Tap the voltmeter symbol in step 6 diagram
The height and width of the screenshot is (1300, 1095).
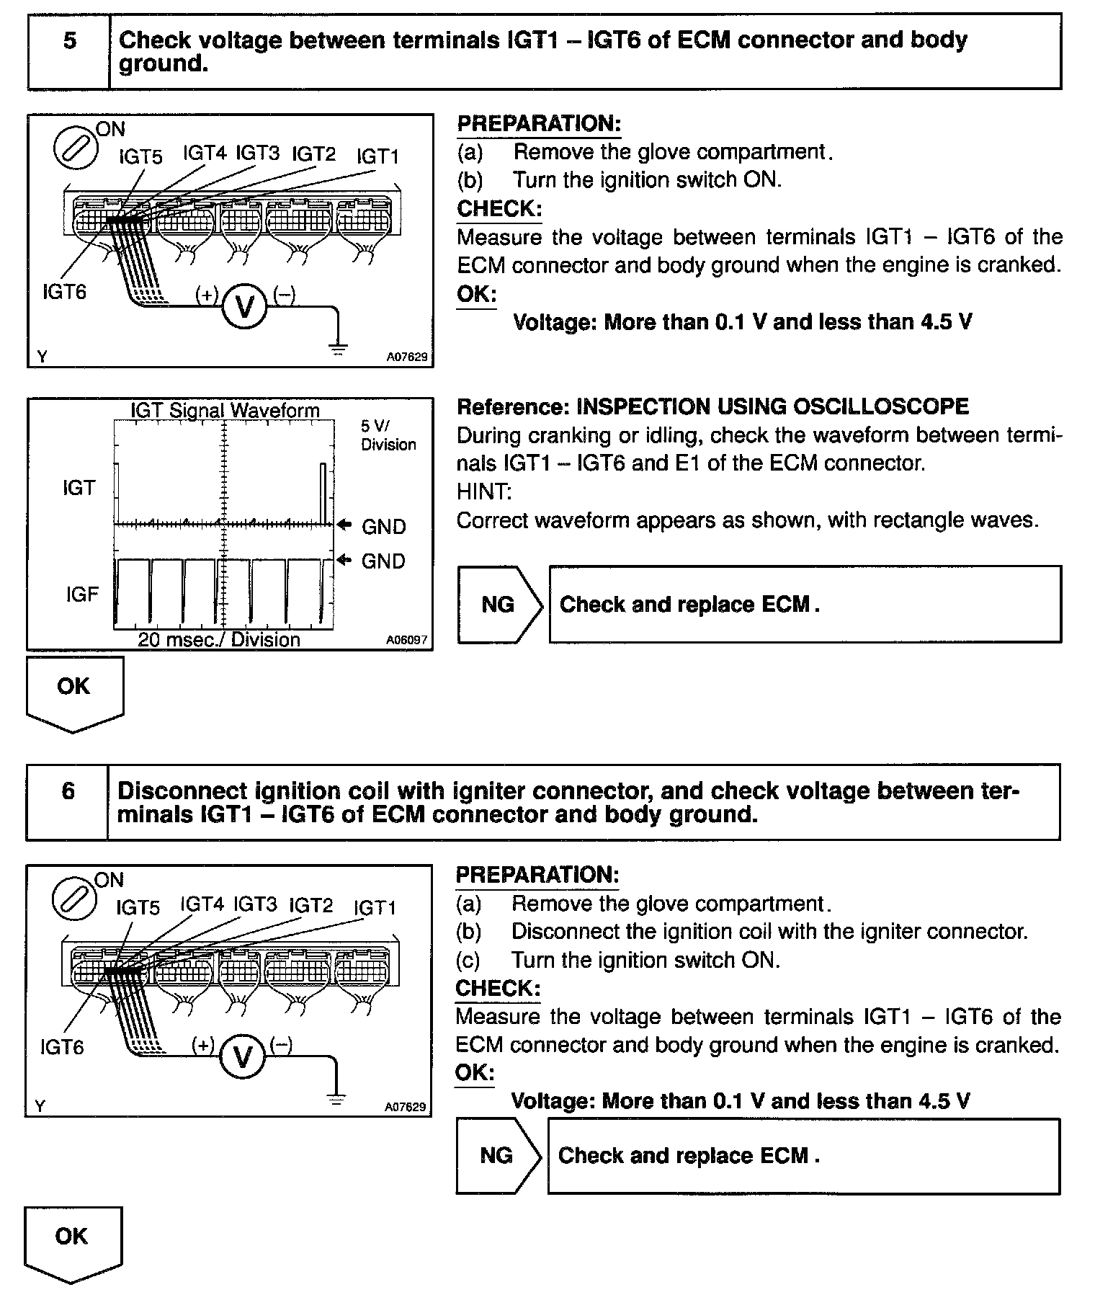coord(243,1057)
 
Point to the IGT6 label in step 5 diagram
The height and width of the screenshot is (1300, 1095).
coord(64,292)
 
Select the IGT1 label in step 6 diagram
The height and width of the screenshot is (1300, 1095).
coord(375,907)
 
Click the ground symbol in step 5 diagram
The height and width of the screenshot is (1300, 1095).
coord(337,350)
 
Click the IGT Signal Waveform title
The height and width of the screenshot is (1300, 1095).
coord(225,410)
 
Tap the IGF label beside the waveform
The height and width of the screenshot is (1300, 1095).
coord(82,594)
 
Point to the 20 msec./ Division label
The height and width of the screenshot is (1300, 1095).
coord(219,639)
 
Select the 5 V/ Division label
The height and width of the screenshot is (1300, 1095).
coord(388,435)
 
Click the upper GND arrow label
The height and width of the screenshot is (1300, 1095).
coord(375,526)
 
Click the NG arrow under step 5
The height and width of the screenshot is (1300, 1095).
coord(499,604)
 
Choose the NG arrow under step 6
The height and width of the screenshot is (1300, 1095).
coord(497,1155)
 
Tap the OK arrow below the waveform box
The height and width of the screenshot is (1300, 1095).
coord(74,693)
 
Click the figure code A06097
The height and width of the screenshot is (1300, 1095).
coord(406,639)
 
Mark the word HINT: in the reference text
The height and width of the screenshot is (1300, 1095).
coord(484,491)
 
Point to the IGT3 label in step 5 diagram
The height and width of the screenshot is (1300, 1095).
coord(258,153)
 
